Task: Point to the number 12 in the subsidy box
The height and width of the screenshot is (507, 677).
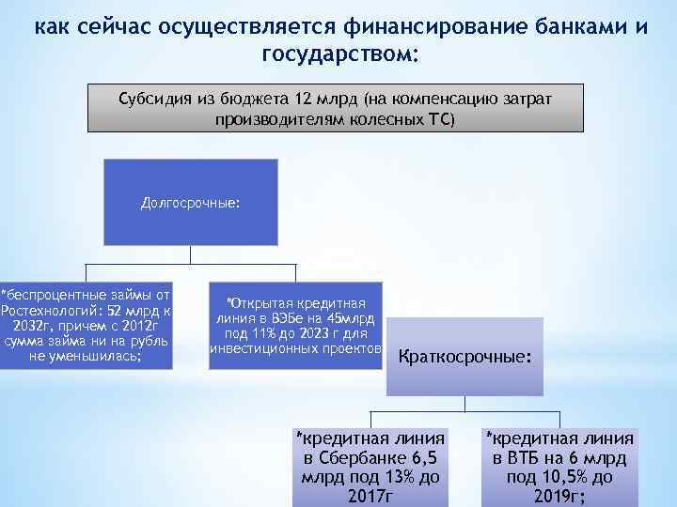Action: point(299,100)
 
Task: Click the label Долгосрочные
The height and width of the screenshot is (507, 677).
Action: point(190,202)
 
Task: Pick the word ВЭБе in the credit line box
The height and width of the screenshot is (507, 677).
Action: point(284,318)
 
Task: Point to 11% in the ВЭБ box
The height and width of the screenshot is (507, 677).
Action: point(264,332)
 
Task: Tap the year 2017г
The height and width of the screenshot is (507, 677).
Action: point(370,496)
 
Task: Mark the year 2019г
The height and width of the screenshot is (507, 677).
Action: point(559,496)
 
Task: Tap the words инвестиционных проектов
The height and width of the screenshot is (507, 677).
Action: point(295,347)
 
